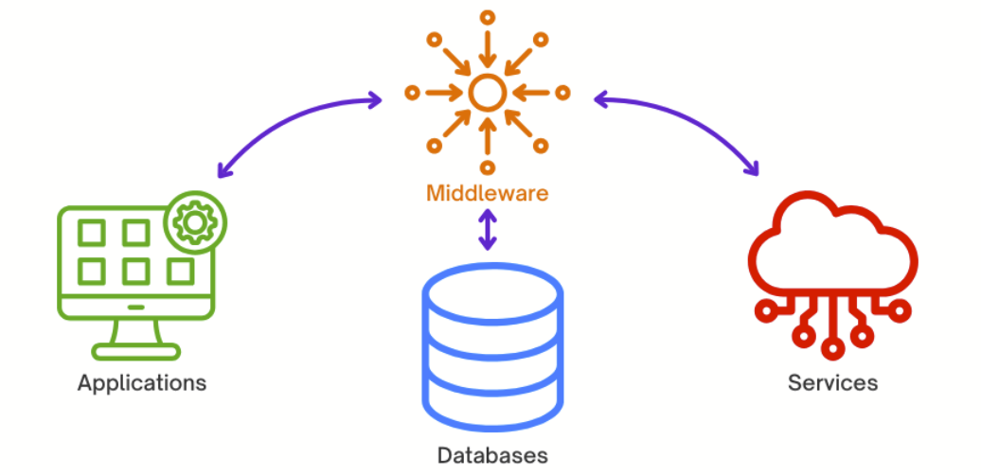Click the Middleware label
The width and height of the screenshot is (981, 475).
(487, 194)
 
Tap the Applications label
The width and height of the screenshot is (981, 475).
(142, 383)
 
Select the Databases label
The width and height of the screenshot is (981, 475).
(492, 454)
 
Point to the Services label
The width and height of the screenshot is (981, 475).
(832, 383)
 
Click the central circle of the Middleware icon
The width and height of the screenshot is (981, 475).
(487, 93)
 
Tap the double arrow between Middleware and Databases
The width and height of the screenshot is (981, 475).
(487, 230)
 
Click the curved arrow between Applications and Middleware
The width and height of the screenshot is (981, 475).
(284, 118)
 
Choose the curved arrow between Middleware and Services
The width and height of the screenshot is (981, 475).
(691, 118)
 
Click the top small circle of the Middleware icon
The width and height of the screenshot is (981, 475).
(487, 17)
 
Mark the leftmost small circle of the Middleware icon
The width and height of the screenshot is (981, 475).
(412, 93)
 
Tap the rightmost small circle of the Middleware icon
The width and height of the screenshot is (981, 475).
(562, 93)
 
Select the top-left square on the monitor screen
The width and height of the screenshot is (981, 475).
(91, 233)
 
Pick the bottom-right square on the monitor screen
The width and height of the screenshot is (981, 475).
(180, 272)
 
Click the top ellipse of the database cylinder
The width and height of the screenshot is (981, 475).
(492, 290)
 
